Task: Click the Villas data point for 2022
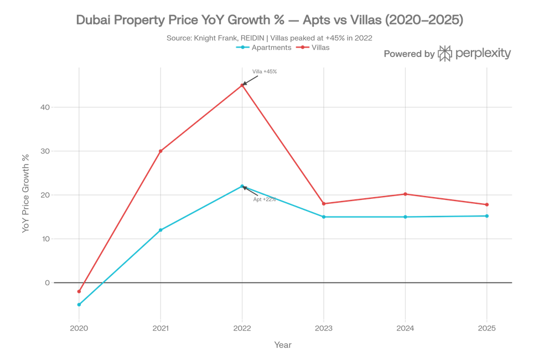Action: coord(242,85)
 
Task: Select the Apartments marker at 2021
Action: coord(160,230)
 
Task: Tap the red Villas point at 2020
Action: coord(79,291)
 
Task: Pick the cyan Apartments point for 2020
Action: coord(79,305)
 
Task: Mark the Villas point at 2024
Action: coord(406,194)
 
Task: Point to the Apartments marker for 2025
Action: coord(487,215)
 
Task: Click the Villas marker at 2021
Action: coord(160,151)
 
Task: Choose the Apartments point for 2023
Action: coord(324,217)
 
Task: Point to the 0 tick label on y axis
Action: coord(48,282)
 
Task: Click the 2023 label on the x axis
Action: coord(324,328)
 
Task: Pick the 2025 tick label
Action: coord(487,328)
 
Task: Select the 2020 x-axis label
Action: coord(79,328)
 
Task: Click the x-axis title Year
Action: coord(283,345)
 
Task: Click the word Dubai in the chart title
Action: coord(92,20)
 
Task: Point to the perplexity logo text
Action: coord(483,54)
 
